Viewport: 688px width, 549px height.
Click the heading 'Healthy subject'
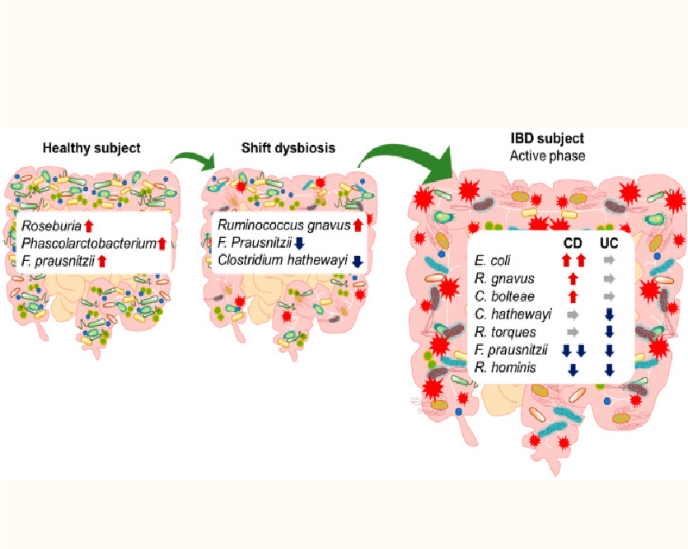tap(91, 148)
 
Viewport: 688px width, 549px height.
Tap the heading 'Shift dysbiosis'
tap(288, 147)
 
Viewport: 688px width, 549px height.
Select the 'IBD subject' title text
tap(547, 138)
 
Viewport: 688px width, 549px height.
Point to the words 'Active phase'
tap(547, 156)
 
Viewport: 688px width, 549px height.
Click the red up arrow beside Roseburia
tap(89, 226)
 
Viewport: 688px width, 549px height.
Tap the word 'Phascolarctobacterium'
tap(89, 243)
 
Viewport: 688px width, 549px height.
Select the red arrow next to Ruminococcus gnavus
tap(358, 226)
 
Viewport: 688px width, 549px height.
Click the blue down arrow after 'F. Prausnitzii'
tap(299, 244)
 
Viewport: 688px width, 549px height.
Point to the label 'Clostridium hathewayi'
tap(283, 260)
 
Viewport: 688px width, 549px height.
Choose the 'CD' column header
tap(573, 243)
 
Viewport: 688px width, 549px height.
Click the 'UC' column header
tap(609, 243)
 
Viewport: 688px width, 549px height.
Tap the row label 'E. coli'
tap(492, 261)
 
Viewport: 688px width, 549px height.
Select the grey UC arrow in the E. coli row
tap(609, 260)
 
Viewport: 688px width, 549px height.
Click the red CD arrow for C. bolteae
tap(573, 296)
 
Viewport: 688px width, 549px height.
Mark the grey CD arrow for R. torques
tap(573, 333)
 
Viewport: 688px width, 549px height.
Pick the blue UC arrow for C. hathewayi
tap(609, 314)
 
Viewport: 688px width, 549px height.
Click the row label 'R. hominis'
tap(505, 367)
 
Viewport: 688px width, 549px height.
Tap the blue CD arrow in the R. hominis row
tap(573, 370)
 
